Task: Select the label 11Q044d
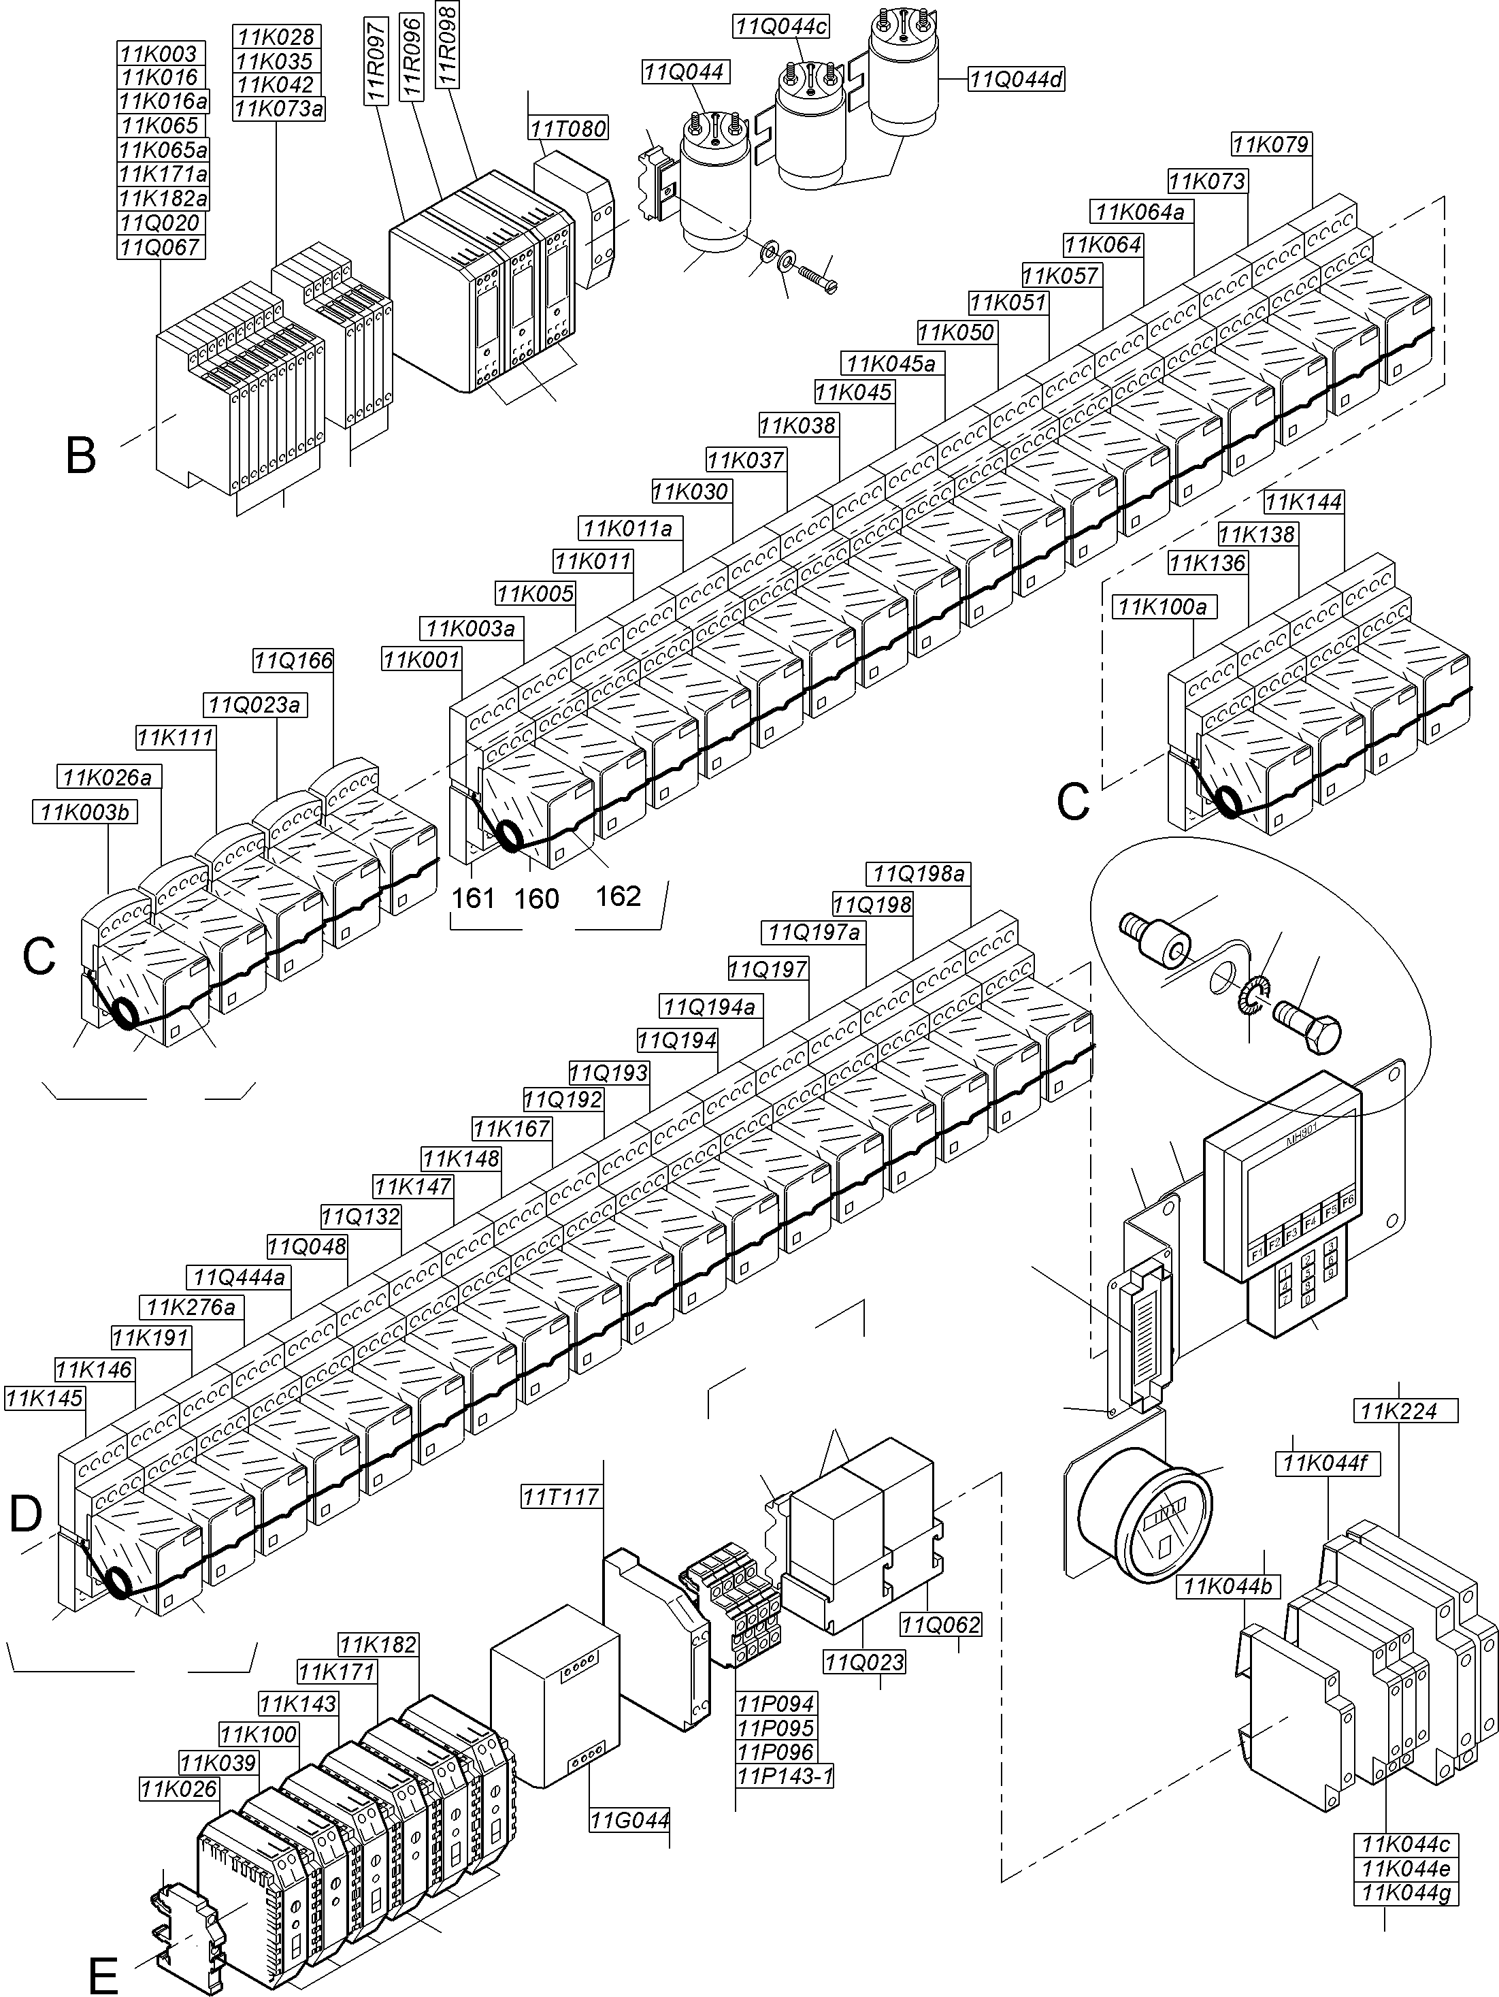pos(1016,80)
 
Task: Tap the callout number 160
pos(537,898)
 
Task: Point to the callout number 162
pos(619,896)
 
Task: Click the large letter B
pos(81,457)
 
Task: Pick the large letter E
pos(104,1968)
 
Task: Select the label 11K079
pos(1270,144)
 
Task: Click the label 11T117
pos(561,1497)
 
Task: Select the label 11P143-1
pos(785,1776)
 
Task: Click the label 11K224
pos(1399,1411)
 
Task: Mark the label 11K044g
pos(1408,1892)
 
